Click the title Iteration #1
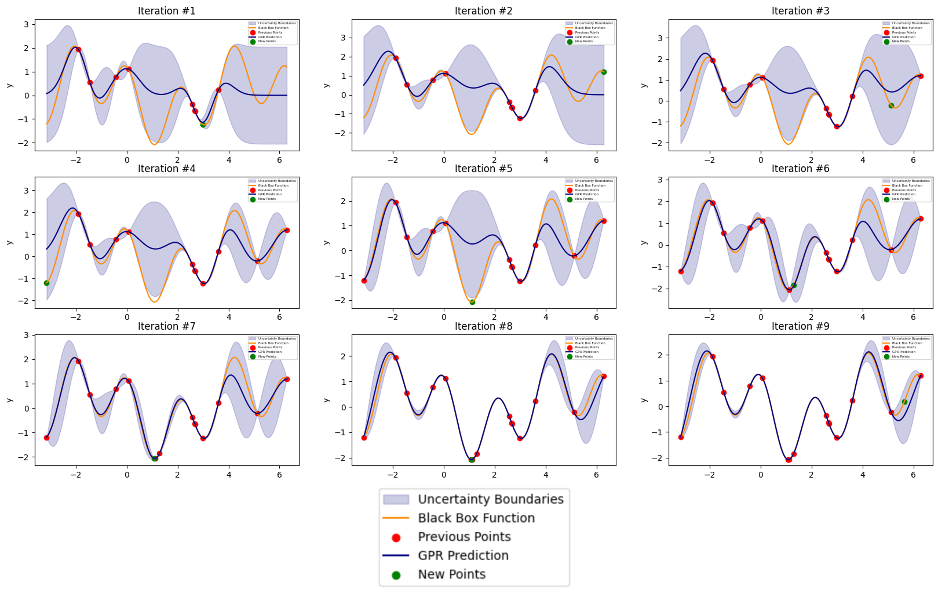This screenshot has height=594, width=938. tap(166, 11)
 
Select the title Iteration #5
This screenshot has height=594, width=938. tap(484, 169)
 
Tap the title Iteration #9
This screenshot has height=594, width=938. tap(800, 326)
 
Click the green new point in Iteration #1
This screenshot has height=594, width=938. tap(203, 125)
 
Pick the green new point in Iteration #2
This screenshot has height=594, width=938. tap(604, 72)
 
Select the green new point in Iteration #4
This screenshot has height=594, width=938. tap(47, 283)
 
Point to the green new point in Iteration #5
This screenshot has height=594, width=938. tap(472, 302)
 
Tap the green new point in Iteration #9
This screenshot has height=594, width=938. tap(905, 402)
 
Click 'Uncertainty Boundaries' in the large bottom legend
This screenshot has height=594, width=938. tap(491, 499)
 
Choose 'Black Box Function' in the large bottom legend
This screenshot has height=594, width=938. tap(476, 518)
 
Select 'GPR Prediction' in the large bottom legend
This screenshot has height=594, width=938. tap(463, 555)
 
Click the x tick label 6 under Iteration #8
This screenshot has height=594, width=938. tap(596, 475)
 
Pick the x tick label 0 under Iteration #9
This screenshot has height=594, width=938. tap(761, 475)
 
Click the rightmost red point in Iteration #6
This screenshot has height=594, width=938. tap(921, 219)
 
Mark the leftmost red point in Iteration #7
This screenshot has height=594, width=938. tap(47, 438)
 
